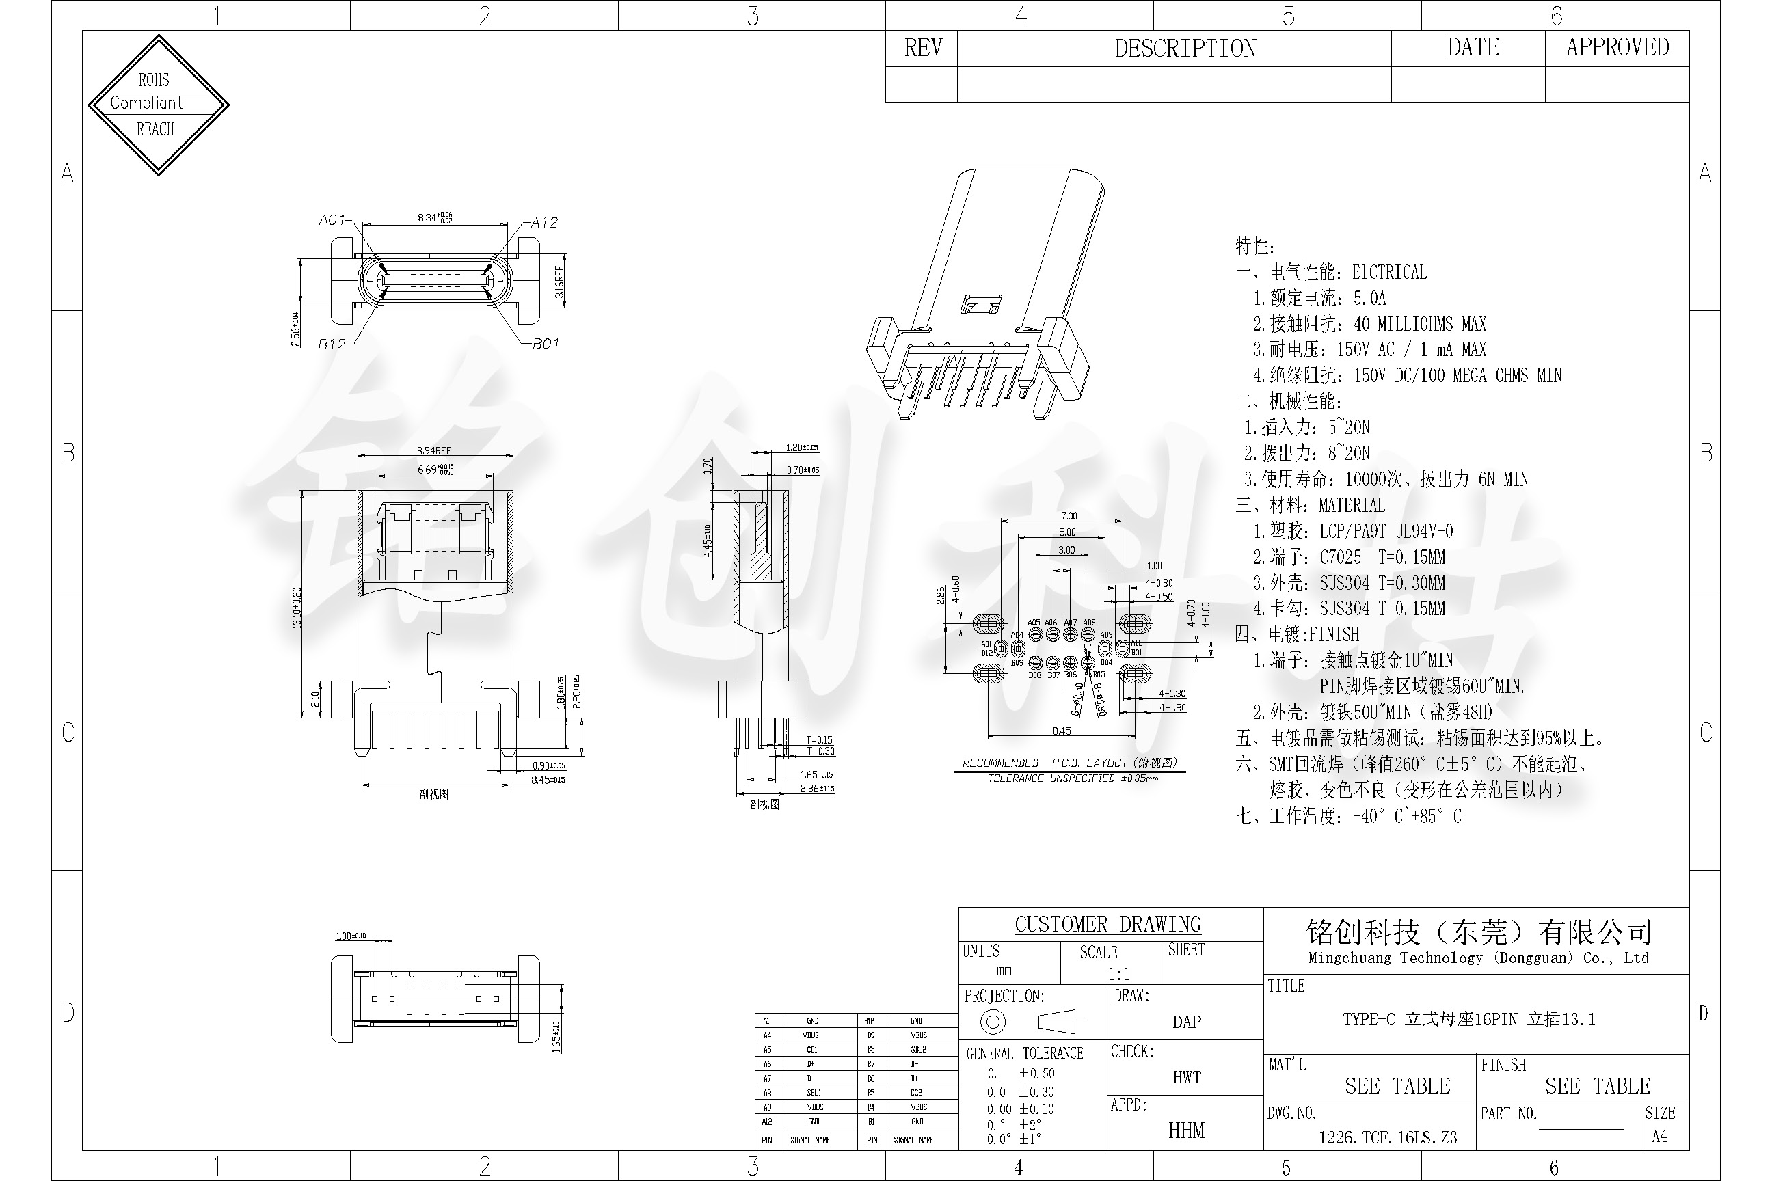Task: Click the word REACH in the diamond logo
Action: (155, 130)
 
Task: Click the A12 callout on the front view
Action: (544, 222)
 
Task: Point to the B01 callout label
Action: (546, 344)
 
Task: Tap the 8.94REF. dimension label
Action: (435, 450)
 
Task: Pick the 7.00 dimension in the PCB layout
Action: (1069, 516)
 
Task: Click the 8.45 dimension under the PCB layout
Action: (1061, 731)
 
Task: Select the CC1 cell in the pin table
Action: (811, 1049)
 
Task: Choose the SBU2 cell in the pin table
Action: (917, 1049)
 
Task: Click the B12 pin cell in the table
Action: (870, 1020)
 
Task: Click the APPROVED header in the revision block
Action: (1617, 47)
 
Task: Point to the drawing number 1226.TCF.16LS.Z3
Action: (1387, 1137)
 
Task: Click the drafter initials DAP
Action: (1186, 1022)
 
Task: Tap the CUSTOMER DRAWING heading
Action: (1107, 924)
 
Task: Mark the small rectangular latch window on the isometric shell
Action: (980, 304)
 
